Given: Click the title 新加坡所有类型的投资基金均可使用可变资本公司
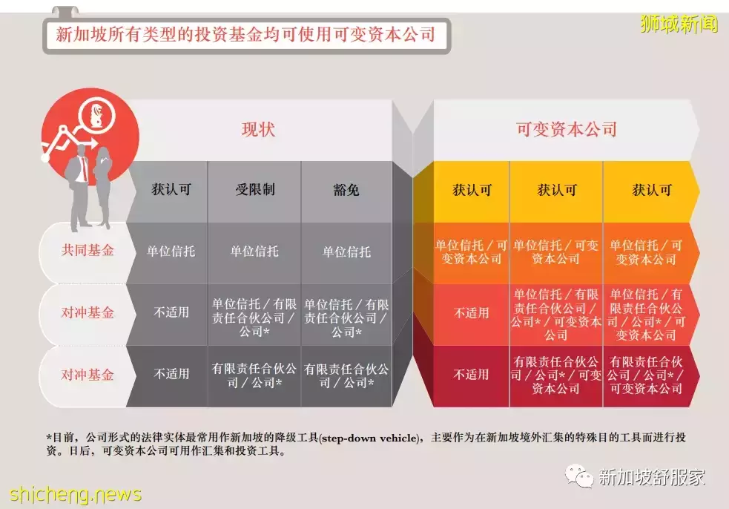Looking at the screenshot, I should (245, 34).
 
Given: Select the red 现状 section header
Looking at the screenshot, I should (258, 129).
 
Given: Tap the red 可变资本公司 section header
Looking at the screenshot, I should (567, 129).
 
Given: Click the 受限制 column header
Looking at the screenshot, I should (254, 189).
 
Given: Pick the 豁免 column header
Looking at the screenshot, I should (346, 190).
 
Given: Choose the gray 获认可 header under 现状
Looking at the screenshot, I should (171, 189).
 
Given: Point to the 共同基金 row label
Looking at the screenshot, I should (88, 251).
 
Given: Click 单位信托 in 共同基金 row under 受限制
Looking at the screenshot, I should (254, 252).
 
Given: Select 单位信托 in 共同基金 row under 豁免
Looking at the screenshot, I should (346, 252).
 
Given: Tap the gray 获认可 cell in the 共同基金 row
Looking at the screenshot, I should (171, 252).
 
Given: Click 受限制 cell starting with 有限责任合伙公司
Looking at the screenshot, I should (254, 375).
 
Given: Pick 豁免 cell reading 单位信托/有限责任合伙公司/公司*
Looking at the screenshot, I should (346, 318).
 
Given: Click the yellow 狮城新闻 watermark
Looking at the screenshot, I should (679, 24).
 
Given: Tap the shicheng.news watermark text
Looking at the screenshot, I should (76, 493).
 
